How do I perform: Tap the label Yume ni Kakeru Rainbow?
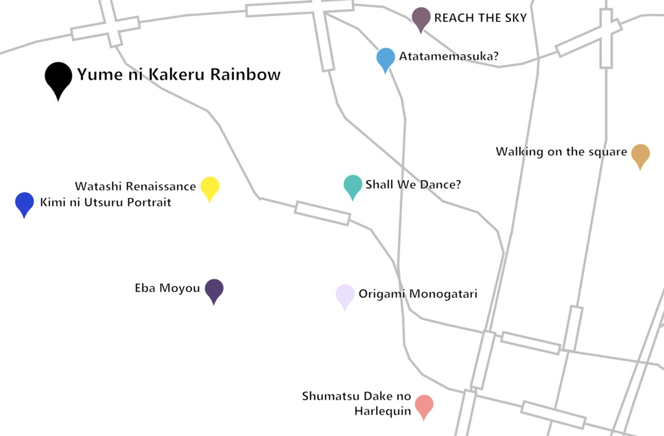(179, 75)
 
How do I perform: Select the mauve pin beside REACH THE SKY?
(421, 18)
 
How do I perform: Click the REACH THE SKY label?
(480, 18)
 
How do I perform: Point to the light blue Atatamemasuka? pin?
(386, 58)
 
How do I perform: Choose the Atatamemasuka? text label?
(449, 57)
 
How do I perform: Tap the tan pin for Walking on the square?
(641, 154)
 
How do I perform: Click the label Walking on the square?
(562, 152)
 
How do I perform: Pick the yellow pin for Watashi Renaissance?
(209, 187)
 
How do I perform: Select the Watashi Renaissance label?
(135, 187)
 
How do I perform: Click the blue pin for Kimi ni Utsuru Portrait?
(25, 203)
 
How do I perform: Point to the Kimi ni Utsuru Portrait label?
(106, 203)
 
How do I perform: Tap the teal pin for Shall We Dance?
(353, 185)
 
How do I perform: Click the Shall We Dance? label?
(413, 185)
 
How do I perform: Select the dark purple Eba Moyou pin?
(214, 290)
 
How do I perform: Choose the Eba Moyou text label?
(167, 288)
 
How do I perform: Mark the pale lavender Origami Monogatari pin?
(345, 295)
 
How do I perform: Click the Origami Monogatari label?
(418, 294)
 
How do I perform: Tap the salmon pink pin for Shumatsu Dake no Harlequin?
(424, 406)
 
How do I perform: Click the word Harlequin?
(383, 411)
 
